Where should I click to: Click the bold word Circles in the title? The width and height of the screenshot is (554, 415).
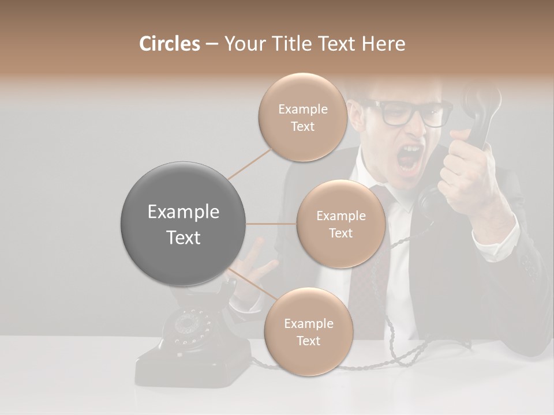tap(169, 44)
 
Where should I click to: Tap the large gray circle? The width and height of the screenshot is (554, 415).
tap(182, 224)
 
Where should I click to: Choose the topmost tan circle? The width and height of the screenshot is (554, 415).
tap(302, 118)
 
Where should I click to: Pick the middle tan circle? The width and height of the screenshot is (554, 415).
tap(340, 224)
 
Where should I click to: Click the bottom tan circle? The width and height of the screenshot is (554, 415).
tap(308, 332)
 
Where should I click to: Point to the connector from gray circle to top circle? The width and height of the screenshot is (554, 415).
tap(250, 163)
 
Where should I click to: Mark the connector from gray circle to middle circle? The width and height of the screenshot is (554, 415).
tap(271, 224)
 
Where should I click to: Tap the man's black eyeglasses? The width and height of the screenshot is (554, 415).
tap(410, 113)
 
